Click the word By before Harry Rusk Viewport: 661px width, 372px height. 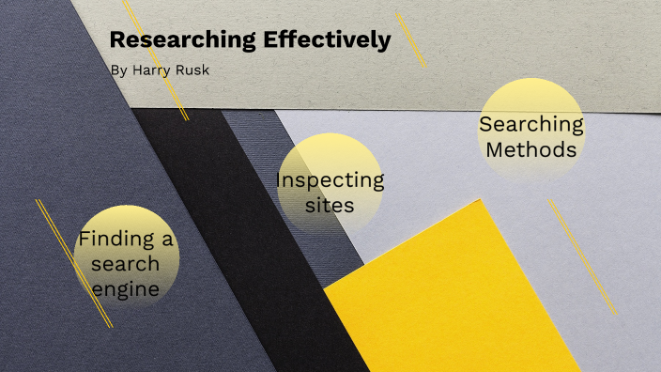pos(116,70)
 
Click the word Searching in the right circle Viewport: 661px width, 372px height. pos(531,123)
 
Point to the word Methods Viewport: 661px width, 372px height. pos(531,148)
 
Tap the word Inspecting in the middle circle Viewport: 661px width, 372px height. pos(330,179)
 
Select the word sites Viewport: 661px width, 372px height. pos(330,204)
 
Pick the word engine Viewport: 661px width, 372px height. pos(126,289)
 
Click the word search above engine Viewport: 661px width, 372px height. pos(126,264)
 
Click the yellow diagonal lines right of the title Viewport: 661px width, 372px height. pos(411,39)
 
